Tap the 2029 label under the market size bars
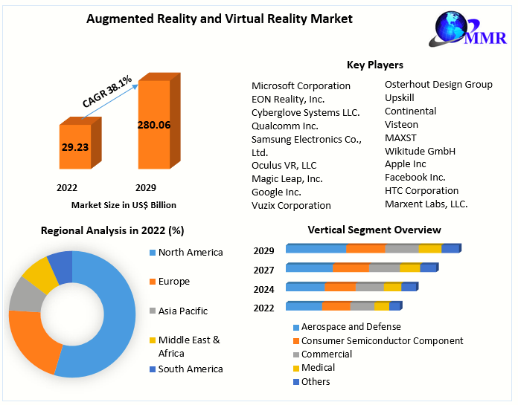click(145, 188)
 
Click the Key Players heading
click(374, 65)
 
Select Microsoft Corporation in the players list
click(301, 85)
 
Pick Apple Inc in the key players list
click(405, 164)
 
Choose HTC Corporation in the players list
click(421, 191)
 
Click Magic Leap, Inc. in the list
click(287, 178)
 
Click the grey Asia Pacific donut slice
click(23, 294)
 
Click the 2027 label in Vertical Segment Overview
click(263, 270)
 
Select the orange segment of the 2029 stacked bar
click(365, 249)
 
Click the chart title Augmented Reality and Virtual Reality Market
click(220, 18)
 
